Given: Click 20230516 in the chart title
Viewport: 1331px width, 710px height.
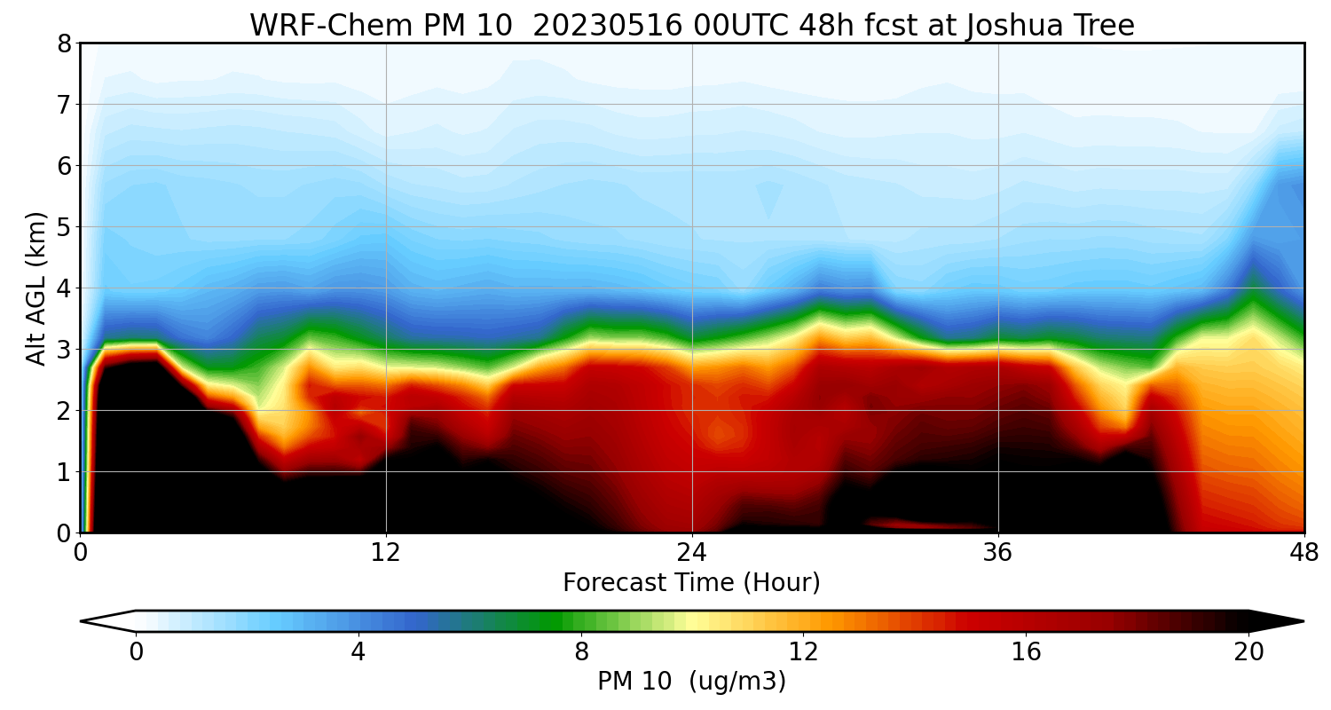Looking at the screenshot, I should click(x=606, y=25).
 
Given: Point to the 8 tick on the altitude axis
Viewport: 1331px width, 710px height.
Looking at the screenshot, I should click(x=64, y=43).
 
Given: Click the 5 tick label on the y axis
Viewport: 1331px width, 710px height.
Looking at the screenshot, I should click(x=64, y=227).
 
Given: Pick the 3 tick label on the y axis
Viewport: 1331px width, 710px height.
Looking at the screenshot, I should click(x=64, y=350).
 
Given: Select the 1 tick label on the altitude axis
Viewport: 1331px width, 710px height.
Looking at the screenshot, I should click(x=64, y=472).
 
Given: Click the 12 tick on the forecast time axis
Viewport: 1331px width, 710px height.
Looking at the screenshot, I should click(x=386, y=552).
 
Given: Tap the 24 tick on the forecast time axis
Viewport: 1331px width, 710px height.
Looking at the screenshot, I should click(x=692, y=552).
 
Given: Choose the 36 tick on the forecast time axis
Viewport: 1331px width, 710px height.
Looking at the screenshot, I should click(x=998, y=552).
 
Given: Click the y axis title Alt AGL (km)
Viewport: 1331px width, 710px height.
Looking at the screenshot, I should click(x=36, y=288).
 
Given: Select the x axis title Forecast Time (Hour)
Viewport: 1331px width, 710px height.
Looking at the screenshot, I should click(x=691, y=583).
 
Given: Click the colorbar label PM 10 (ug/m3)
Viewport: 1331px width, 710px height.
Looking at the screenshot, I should click(x=691, y=682).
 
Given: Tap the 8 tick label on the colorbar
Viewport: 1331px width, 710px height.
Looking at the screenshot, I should click(x=581, y=652).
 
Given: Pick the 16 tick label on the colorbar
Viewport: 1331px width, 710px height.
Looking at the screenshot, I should click(x=1027, y=652).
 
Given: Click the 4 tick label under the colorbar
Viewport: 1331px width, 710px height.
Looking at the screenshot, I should click(x=358, y=652).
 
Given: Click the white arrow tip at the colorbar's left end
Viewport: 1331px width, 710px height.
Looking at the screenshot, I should click(x=86, y=621).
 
